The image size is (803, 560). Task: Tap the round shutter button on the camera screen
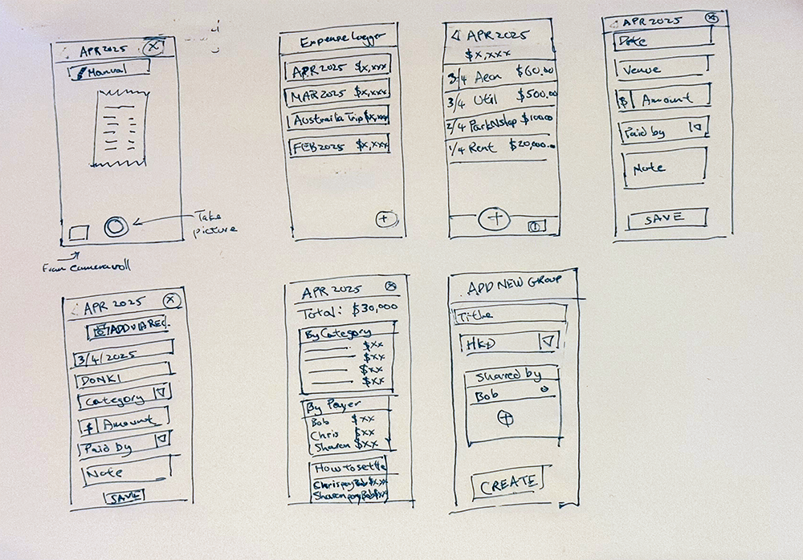(115, 227)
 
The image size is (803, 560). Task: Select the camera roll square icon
(78, 233)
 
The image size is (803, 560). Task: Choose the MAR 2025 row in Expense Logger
(337, 95)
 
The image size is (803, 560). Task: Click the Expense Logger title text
(341, 39)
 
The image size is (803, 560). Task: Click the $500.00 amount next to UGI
(536, 96)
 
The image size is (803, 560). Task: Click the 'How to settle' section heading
(349, 467)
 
